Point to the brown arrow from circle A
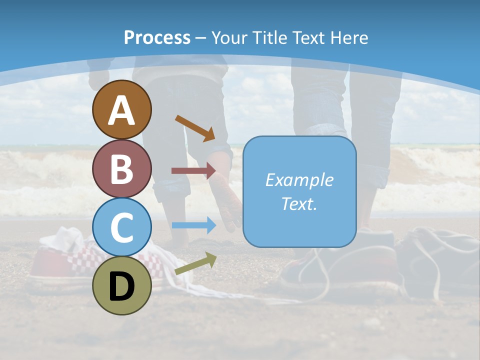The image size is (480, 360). (195, 128)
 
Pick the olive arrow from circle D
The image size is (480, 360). (195, 263)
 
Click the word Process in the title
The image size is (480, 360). (157, 38)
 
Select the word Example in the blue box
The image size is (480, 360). (299, 180)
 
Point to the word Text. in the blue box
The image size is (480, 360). (299, 203)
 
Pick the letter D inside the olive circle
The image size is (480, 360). (121, 287)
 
